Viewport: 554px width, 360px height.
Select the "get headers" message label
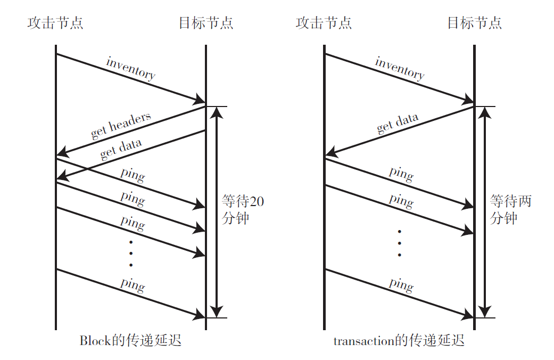click(x=121, y=125)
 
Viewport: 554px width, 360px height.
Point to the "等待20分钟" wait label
click(x=242, y=210)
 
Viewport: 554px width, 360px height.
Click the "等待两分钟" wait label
click(x=510, y=210)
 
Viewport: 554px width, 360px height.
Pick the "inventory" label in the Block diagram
click(x=131, y=68)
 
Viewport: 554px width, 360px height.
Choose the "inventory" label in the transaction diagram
click(x=400, y=68)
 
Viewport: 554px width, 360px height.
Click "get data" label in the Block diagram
click(x=121, y=149)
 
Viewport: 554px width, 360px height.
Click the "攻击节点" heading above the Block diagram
click(x=55, y=23)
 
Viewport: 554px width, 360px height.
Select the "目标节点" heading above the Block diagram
click(x=205, y=23)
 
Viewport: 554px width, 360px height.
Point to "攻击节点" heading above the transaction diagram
click(x=324, y=23)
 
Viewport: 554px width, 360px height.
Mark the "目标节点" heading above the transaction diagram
click(x=474, y=23)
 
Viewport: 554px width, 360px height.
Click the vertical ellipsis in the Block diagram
click(x=131, y=253)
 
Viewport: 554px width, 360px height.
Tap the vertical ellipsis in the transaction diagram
click(x=399, y=243)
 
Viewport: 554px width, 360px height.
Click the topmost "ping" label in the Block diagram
click(x=133, y=174)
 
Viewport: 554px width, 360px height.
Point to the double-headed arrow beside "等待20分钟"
click(x=216, y=211)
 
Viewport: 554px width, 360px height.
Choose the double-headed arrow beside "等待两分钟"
click(x=484, y=211)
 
